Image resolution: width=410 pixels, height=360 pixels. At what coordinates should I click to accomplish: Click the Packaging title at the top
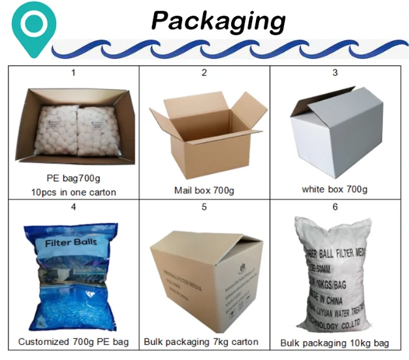[x=218, y=21]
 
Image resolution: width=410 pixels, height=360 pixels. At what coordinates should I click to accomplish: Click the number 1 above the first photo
[x=73, y=73]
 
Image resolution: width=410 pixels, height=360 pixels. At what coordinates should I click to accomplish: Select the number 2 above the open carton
[x=204, y=73]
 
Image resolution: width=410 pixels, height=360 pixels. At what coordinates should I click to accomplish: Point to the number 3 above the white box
[x=335, y=73]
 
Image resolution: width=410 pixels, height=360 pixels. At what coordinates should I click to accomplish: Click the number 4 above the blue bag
[x=73, y=207]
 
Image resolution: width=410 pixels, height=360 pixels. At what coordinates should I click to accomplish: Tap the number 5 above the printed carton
[x=204, y=207]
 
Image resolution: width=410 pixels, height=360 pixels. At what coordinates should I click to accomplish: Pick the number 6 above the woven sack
[x=335, y=207]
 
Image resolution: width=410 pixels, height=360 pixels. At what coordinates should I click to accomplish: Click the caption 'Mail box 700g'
[x=204, y=190]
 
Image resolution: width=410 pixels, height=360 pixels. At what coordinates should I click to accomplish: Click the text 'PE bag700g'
[x=73, y=178]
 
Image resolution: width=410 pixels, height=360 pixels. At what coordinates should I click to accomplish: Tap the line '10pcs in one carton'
[x=73, y=192]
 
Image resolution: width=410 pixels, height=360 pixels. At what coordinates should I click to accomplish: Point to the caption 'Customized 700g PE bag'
[x=73, y=342]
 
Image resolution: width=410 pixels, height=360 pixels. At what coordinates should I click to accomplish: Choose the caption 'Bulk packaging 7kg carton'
[x=204, y=342]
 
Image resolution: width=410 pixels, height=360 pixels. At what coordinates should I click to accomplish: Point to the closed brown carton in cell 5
[x=204, y=274]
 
